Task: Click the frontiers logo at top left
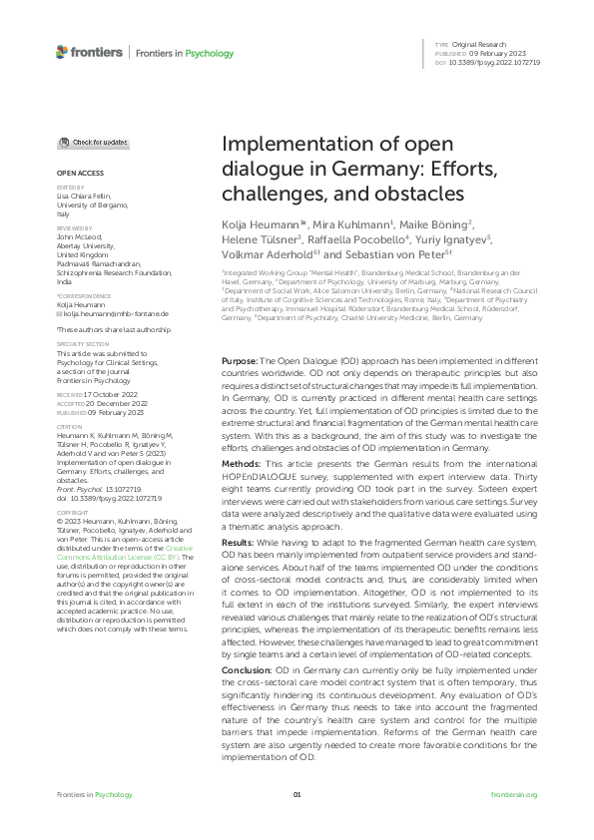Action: (90, 52)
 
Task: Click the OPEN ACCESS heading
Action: (75, 173)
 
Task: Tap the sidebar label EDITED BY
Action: (70, 187)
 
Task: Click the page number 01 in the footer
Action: (297, 794)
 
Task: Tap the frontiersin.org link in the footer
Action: (515, 794)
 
